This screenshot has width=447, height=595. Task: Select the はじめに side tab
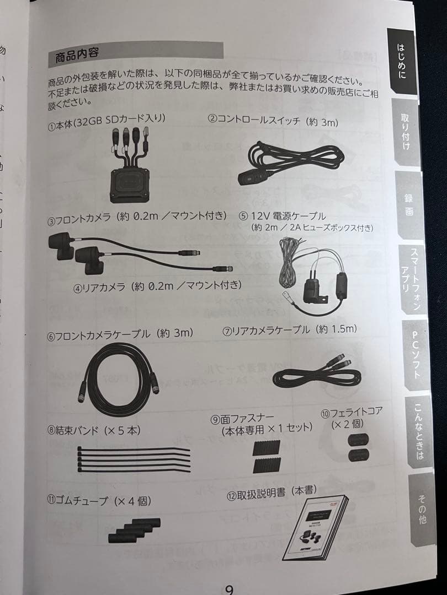pos(402,62)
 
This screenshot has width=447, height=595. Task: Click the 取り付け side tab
pos(407,132)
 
